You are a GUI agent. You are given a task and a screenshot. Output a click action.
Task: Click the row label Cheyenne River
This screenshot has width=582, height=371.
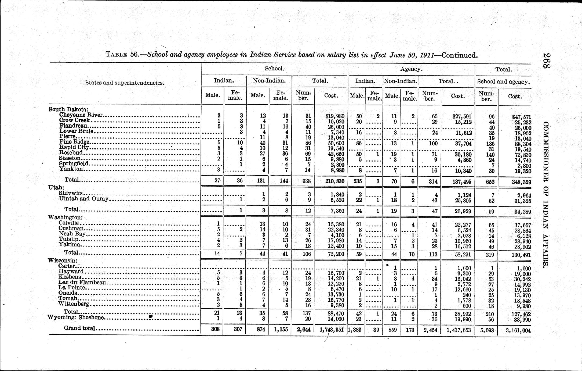click(x=81, y=115)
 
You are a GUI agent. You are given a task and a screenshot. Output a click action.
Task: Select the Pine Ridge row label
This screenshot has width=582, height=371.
click(x=74, y=142)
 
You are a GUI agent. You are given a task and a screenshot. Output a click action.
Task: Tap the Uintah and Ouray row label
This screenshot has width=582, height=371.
click(x=83, y=199)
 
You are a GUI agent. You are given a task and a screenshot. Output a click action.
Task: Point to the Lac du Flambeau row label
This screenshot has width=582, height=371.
click(x=83, y=282)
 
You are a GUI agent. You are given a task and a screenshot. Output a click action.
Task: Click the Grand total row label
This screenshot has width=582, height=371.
click(x=79, y=328)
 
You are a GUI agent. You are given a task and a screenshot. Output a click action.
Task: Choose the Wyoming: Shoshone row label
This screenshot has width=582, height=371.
click(x=76, y=318)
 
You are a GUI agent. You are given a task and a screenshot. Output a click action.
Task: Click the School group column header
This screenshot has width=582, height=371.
click(x=274, y=69)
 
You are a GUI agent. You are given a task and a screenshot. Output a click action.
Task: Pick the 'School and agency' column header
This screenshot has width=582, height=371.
click(x=503, y=82)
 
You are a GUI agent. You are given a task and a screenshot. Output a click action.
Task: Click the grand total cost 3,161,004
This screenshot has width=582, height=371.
click(x=518, y=330)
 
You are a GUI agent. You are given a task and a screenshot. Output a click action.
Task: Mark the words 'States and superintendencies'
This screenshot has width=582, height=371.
click(x=125, y=83)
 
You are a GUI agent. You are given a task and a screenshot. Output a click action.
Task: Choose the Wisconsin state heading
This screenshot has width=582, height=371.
click(x=63, y=260)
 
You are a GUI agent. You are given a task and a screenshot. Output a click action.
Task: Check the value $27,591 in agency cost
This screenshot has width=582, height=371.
click(x=462, y=116)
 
